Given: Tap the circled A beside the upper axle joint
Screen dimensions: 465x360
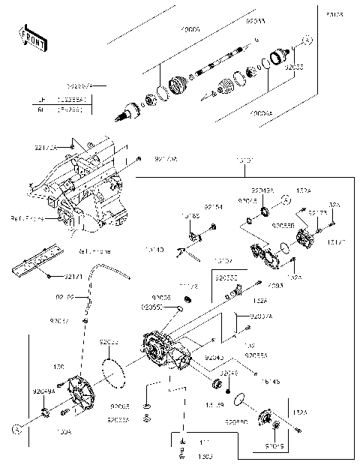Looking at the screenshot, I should point(306,39).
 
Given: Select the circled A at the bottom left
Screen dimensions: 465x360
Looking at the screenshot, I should point(14,430).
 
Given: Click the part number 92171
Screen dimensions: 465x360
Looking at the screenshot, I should point(73,277).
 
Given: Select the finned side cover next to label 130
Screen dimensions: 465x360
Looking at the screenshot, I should point(82,392).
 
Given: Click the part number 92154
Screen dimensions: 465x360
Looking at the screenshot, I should point(214,207).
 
